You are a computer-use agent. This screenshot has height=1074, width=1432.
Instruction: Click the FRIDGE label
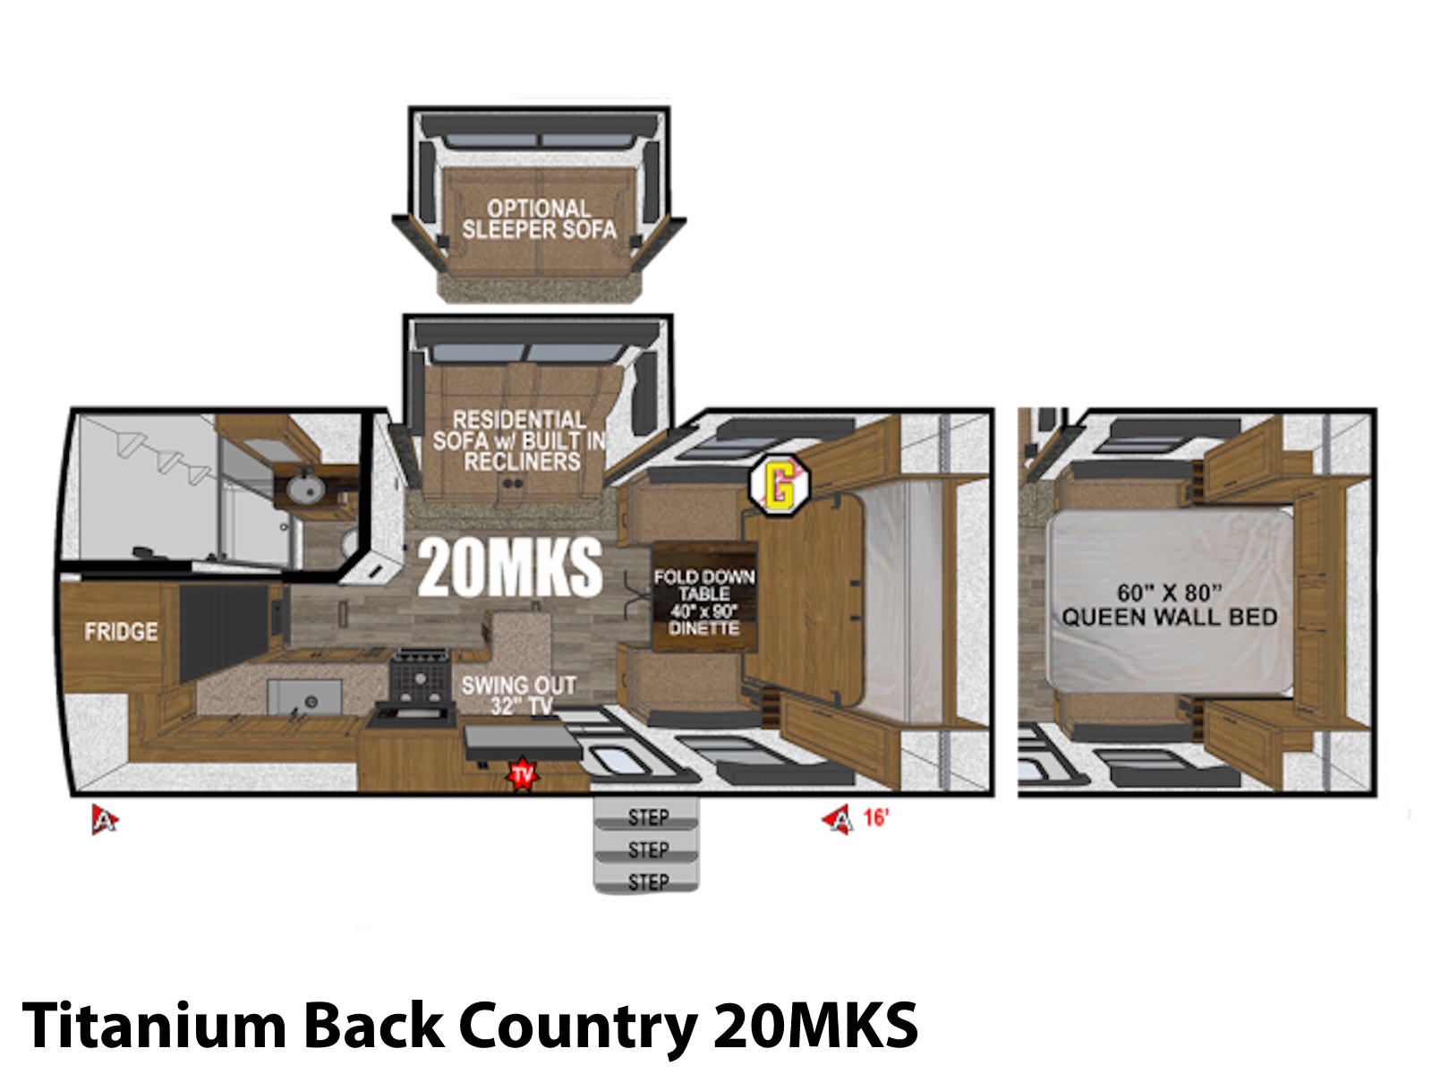(121, 631)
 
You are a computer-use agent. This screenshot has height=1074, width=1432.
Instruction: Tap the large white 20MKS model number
(509, 568)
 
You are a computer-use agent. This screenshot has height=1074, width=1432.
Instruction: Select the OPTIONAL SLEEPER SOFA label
(539, 219)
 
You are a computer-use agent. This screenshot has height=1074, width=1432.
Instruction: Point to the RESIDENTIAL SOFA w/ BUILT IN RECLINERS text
(520, 440)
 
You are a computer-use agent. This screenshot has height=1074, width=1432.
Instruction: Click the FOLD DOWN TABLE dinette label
(704, 602)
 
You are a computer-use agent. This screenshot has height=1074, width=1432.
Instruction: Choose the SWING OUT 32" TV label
(518, 695)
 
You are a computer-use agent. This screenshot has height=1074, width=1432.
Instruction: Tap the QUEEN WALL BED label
(1169, 604)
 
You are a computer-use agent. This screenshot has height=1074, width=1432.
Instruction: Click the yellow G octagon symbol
(779, 485)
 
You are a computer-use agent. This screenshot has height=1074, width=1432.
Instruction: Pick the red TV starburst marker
(522, 775)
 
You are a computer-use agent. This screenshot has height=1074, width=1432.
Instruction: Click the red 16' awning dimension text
(875, 818)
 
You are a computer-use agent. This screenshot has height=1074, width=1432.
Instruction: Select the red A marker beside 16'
(839, 819)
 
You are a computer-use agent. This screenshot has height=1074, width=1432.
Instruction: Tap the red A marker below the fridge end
(105, 820)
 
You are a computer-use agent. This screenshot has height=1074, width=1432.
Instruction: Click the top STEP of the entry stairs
(647, 815)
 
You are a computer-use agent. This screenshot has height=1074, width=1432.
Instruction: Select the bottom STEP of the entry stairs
(647, 881)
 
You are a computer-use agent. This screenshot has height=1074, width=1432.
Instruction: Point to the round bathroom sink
(305, 490)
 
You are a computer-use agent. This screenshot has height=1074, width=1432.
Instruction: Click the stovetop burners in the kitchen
(420, 676)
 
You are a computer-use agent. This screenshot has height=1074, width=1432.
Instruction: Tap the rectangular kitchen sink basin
(304, 697)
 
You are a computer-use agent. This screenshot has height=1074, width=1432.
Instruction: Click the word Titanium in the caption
(154, 1025)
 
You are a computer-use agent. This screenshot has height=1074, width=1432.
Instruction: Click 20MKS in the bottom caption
(815, 1025)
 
